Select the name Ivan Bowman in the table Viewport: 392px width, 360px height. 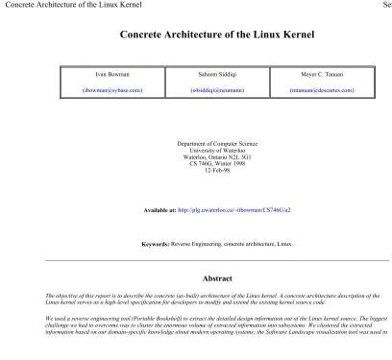111,73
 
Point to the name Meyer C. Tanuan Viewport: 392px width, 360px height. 321,73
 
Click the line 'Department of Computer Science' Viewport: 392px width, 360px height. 216,143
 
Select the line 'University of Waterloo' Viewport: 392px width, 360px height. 216,150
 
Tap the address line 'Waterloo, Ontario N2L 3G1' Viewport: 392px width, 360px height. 216,156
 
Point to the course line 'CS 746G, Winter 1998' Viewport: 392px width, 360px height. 216,163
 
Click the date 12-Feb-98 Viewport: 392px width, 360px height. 216,170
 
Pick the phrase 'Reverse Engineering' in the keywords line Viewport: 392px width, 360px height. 195,244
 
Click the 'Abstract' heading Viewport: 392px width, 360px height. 216,278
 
